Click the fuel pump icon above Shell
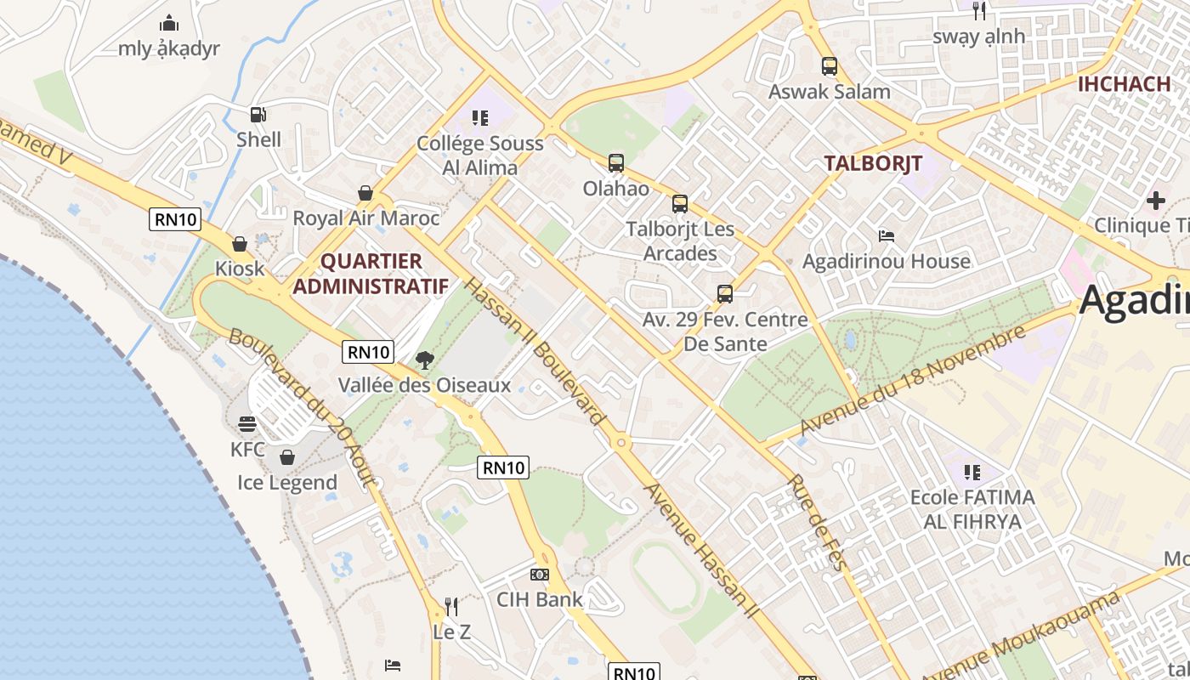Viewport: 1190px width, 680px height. pos(258,114)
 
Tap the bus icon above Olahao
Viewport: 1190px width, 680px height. pos(616,162)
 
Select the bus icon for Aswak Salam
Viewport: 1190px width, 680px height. pos(829,65)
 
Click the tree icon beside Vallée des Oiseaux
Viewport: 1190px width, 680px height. pos(424,360)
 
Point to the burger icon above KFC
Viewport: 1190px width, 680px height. pos(247,423)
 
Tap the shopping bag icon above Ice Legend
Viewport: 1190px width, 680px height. pos(287,457)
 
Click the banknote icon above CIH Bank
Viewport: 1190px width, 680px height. pos(540,575)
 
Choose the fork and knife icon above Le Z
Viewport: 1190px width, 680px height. pos(451,607)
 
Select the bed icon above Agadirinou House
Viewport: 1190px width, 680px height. pos(886,235)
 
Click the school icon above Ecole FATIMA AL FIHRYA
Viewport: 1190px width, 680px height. pos(972,472)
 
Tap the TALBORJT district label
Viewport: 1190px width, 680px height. pos(873,164)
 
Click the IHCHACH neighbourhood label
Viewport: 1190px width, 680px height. pos(1124,83)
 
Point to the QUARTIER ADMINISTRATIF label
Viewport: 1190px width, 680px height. pos(371,273)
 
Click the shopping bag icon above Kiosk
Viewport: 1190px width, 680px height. pos(240,244)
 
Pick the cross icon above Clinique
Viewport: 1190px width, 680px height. pos(1155,201)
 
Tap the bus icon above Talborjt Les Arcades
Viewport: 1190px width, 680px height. pos(680,204)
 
